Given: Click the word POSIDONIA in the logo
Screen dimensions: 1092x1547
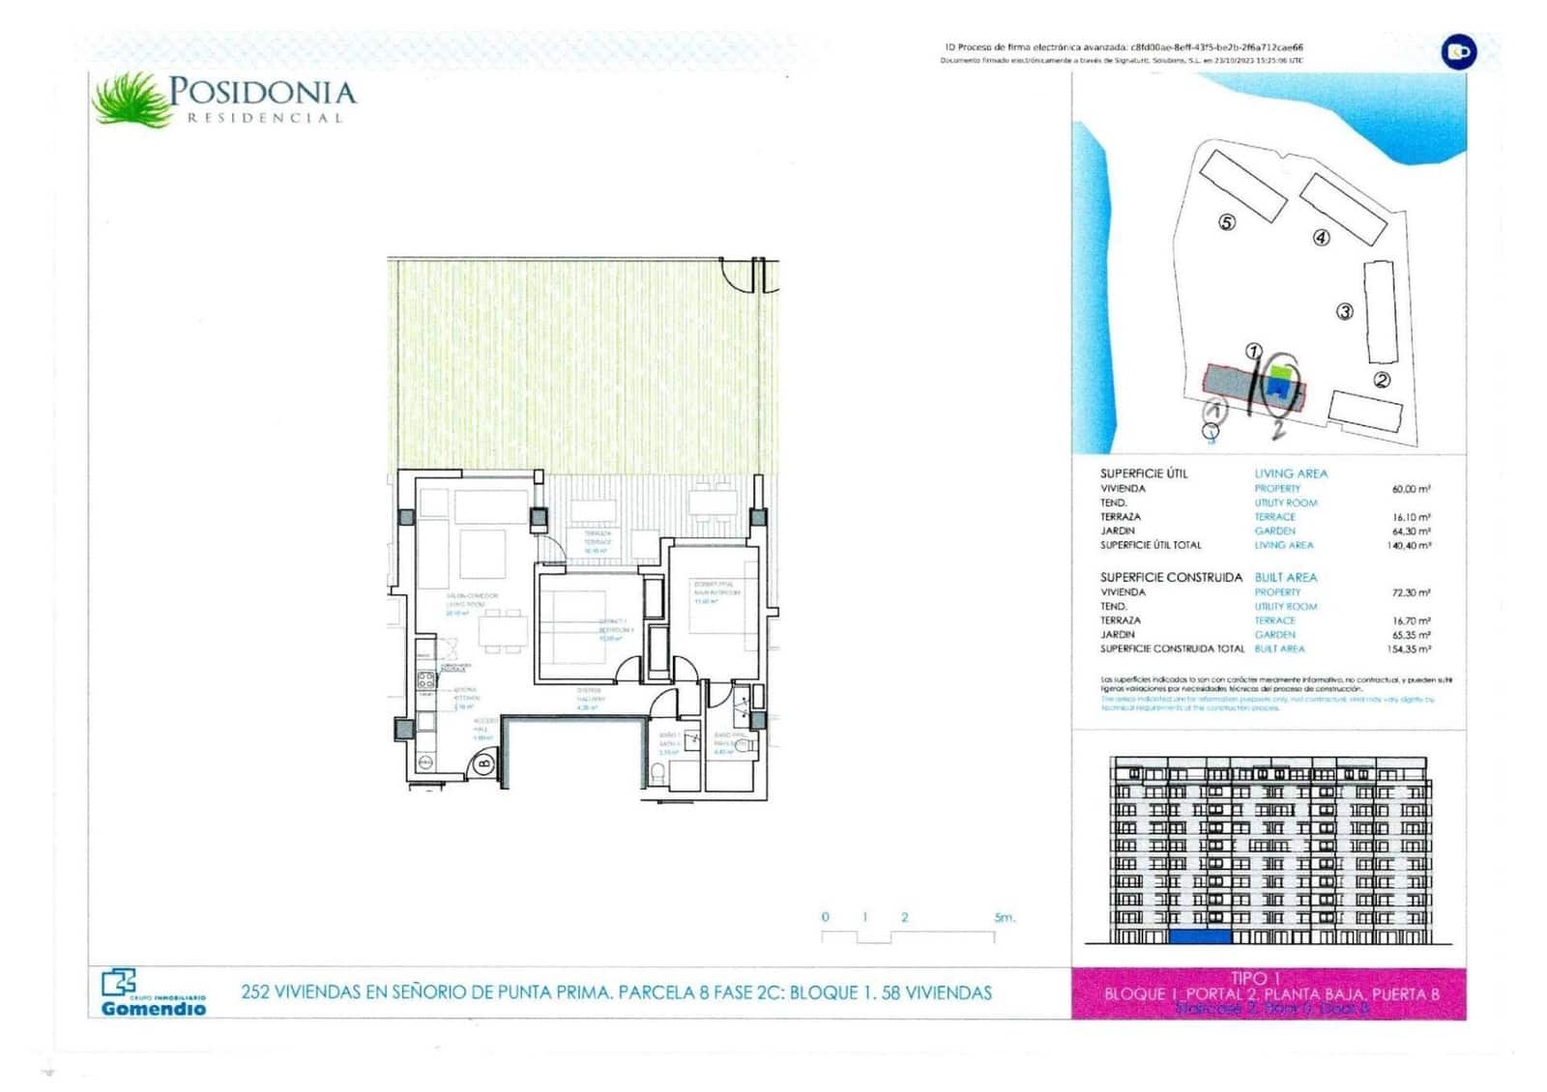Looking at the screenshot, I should (262, 92).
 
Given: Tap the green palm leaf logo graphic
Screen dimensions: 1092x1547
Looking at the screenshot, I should (130, 100).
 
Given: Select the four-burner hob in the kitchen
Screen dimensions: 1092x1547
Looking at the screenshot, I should (425, 679).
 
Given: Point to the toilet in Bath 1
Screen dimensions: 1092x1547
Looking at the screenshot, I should (657, 772).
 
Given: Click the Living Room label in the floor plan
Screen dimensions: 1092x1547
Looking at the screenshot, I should (471, 600).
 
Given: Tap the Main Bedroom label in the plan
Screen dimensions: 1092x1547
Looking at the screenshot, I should (715, 589).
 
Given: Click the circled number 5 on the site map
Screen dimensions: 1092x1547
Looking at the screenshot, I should (1227, 222).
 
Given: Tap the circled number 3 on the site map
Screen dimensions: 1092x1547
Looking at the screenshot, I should (1345, 311).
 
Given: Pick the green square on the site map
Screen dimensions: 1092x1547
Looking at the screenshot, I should (1281, 373).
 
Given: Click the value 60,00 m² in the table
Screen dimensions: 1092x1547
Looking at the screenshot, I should (1411, 489).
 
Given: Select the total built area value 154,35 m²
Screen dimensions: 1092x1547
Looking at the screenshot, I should (1409, 649).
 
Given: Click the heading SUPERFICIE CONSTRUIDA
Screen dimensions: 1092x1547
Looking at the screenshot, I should (1171, 577).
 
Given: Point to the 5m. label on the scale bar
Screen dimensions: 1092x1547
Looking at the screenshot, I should (1006, 917).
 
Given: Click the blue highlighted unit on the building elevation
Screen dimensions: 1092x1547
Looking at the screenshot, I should (1200, 935).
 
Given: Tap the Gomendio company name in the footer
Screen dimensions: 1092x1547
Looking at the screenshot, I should (154, 1008).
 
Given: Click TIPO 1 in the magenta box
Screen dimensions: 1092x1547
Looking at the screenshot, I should (1268, 979).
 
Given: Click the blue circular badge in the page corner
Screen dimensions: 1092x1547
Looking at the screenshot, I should (1458, 51).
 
